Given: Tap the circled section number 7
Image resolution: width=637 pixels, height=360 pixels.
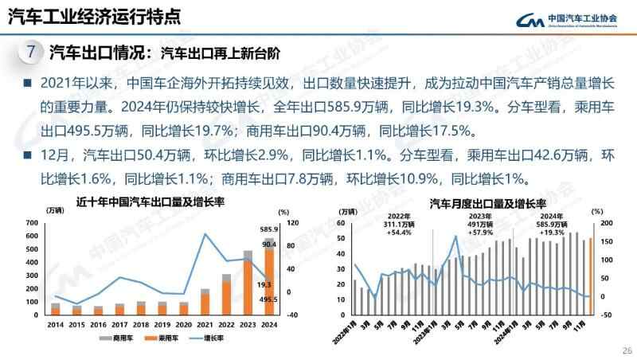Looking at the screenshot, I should point(29,53).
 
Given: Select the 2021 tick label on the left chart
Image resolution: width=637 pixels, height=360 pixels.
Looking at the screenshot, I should point(205,325).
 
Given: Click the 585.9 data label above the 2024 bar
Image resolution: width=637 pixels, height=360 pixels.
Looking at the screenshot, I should point(267,229).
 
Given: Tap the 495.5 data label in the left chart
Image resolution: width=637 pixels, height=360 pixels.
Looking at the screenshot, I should point(268,299).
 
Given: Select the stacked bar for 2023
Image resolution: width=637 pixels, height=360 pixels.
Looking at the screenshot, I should point(248,284).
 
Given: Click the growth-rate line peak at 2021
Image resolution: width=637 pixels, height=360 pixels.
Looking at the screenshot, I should point(205,234).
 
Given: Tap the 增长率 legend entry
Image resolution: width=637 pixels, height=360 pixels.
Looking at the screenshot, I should point(204,338).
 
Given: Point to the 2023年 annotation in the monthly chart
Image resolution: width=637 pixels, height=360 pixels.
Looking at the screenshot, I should point(480,216).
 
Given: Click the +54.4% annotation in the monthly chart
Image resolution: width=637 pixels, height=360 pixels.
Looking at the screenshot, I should point(399,233).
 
